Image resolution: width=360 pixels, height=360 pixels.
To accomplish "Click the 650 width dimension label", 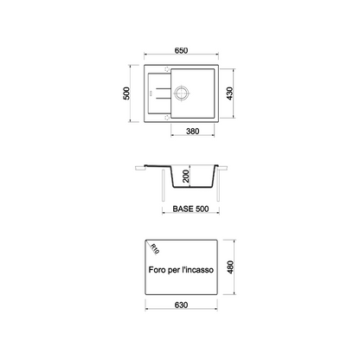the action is (181, 50).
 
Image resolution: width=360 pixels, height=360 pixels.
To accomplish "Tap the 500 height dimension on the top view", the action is (126, 93).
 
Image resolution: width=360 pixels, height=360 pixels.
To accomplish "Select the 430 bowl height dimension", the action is (229, 93).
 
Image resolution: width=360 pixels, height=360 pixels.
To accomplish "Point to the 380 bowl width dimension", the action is (192, 132).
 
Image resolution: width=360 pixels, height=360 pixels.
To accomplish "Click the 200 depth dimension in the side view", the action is (186, 176).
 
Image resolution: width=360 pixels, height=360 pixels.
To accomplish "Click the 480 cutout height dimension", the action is (230, 267).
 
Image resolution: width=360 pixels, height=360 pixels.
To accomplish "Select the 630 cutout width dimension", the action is (181, 305).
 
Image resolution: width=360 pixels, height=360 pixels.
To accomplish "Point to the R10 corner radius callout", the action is (155, 248).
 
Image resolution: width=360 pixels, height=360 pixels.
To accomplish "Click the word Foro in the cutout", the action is (157, 270).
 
